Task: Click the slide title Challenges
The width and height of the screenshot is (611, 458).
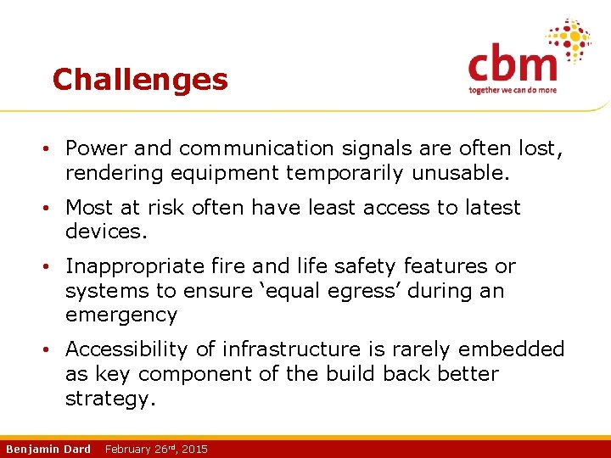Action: click(x=140, y=80)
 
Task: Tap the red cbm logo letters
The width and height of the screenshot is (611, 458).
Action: click(x=513, y=64)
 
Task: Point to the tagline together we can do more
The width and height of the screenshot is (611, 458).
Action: click(x=513, y=90)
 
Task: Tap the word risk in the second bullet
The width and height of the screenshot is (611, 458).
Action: click(x=169, y=208)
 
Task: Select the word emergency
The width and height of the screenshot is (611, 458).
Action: click(x=121, y=316)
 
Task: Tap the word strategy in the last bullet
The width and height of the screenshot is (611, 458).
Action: click(x=110, y=399)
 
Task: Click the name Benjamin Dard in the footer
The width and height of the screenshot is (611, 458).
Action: click(x=48, y=449)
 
